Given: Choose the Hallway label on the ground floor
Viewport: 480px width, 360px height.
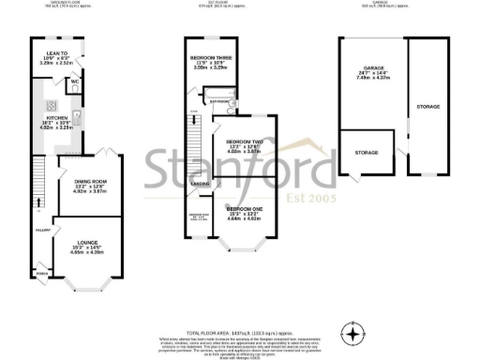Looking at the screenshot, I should pyautogui.click(x=40, y=228).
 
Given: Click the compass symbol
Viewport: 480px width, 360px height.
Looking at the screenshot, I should pyautogui.click(x=352, y=333).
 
